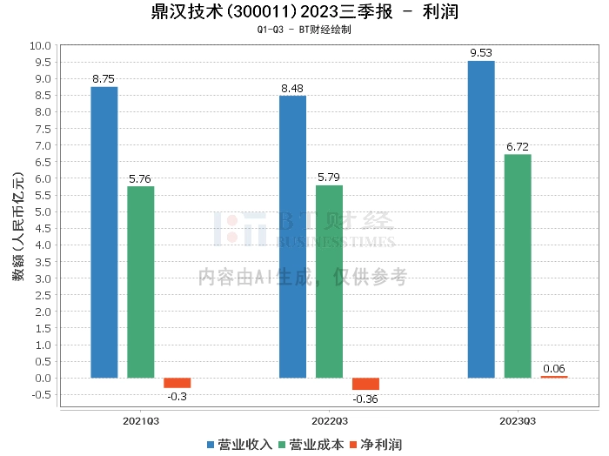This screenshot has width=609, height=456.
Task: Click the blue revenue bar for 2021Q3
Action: (104, 232)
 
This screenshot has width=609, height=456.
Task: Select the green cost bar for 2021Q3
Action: (140, 282)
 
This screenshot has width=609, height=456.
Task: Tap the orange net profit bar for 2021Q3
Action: (177, 383)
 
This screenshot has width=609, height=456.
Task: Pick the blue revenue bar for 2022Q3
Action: (292, 237)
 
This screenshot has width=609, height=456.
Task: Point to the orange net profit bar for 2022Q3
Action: (365, 384)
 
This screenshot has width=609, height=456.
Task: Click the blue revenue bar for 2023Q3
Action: (481, 219)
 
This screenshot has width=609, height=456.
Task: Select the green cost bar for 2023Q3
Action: (518, 266)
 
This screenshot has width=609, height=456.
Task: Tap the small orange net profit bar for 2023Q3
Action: (553, 377)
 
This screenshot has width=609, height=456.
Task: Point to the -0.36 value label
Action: (365, 399)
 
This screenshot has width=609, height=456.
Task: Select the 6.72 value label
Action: (518, 146)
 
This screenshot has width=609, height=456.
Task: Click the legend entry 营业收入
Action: (239, 445)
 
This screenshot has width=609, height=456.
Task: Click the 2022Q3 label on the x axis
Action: (329, 420)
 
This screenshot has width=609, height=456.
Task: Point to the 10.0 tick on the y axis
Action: (40, 45)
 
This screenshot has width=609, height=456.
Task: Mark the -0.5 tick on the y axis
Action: (40, 395)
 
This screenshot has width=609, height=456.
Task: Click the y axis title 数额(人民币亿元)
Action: (17, 227)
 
